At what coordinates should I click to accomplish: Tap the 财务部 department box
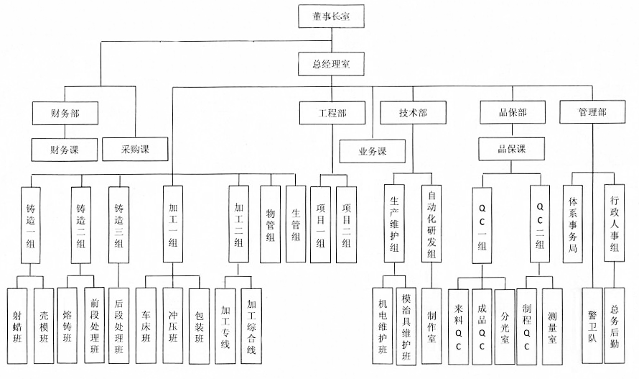pyautogui.click(x=65, y=113)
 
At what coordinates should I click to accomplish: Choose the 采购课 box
pyautogui.click(x=135, y=149)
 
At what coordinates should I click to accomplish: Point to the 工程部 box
pyautogui.click(x=332, y=113)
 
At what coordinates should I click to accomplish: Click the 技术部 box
pyautogui.click(x=414, y=113)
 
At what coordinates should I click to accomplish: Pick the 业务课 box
pyautogui.click(x=373, y=152)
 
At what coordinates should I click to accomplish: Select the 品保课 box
pyautogui.click(x=512, y=149)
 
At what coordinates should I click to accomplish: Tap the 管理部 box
pyautogui.click(x=592, y=113)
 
